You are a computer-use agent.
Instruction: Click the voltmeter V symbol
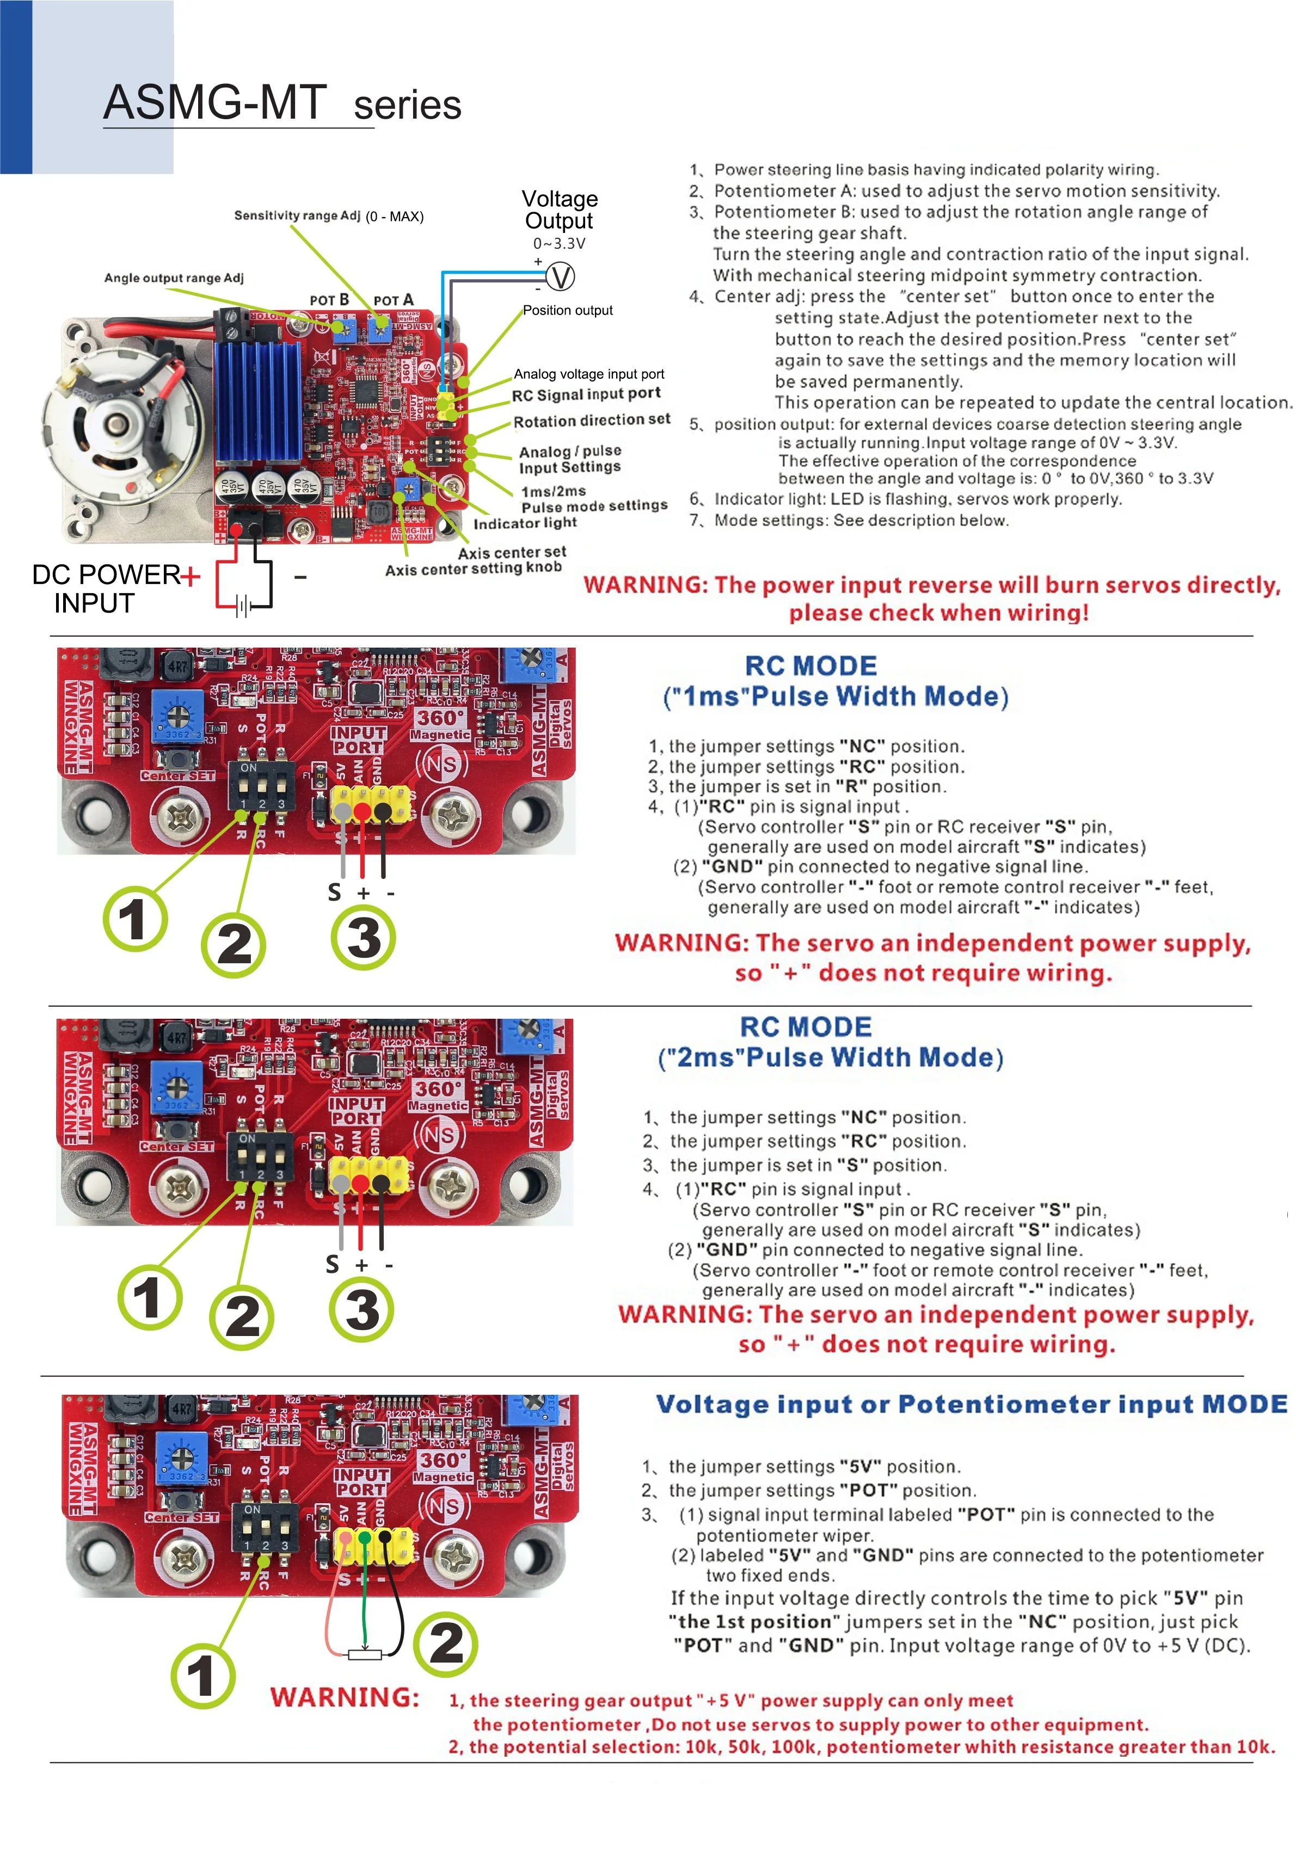point(560,277)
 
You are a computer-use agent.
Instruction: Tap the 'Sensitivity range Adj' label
point(297,215)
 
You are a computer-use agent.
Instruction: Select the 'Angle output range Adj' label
point(174,278)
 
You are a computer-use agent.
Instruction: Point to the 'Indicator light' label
point(525,523)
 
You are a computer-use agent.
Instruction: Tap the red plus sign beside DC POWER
point(190,576)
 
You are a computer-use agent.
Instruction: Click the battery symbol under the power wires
point(243,606)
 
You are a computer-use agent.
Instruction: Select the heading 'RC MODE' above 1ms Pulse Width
point(810,666)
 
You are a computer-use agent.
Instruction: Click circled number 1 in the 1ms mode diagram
point(135,919)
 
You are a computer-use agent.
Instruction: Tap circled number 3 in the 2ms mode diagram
point(361,1309)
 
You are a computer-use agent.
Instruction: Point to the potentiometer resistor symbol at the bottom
point(365,1654)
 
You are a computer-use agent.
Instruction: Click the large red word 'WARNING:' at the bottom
point(345,1697)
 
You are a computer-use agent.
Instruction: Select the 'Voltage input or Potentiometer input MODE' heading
point(971,1405)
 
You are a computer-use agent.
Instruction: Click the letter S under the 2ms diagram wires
point(332,1264)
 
